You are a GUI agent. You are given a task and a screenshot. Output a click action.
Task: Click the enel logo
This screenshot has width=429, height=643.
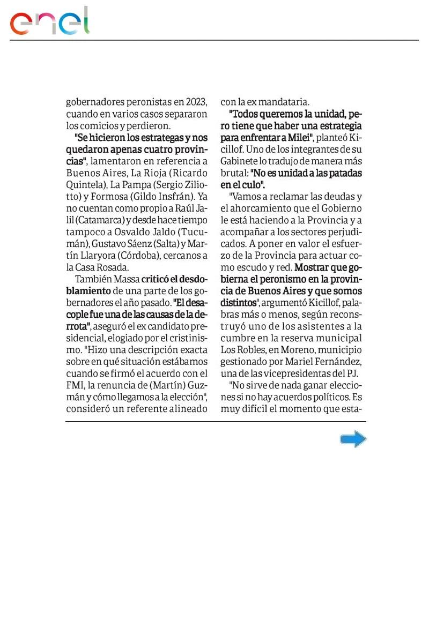[x=50, y=22]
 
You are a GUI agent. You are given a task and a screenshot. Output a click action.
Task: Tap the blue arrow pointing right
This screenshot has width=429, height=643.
[x=353, y=440]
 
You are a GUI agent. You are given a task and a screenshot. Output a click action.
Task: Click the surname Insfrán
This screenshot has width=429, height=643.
[x=172, y=197]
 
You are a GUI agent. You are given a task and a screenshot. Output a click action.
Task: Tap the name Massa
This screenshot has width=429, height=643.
[x=125, y=279]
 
